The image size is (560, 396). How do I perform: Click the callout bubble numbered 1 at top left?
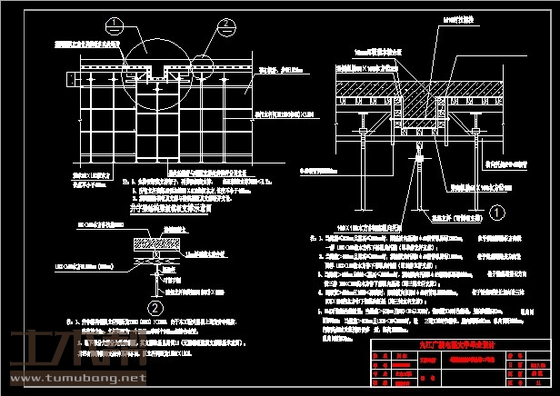[x=113, y=25]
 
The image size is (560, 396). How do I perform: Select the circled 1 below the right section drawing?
[x=496, y=213]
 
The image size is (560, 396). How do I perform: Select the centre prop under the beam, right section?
[x=420, y=173]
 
